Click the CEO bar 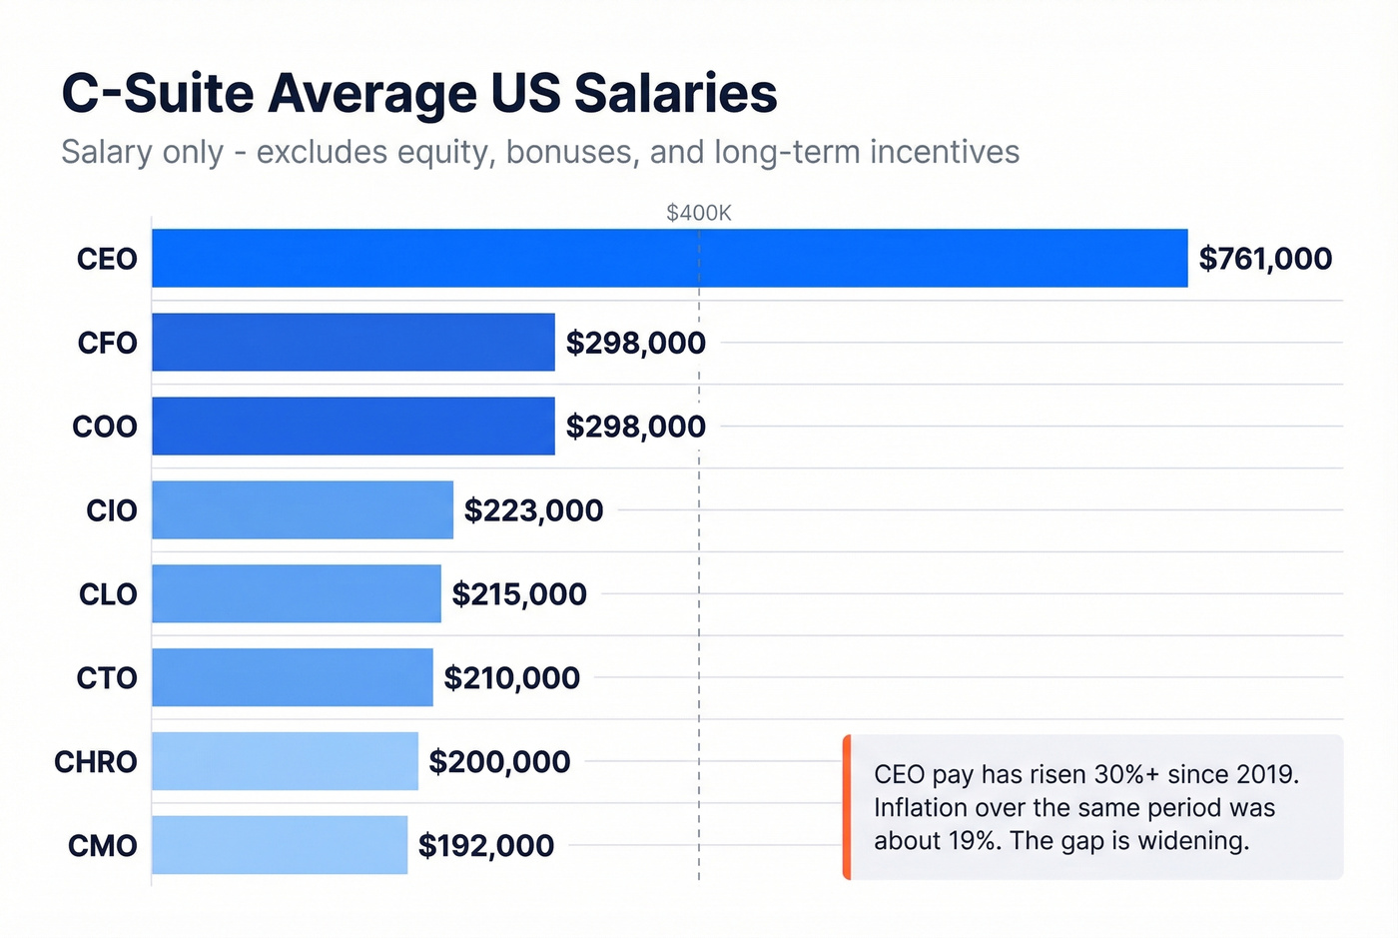[x=669, y=259]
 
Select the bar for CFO [x=352, y=343]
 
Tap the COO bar [x=352, y=427]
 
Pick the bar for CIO [x=302, y=510]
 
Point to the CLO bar [x=296, y=594]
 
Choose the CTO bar [x=292, y=678]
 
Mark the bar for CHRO [x=285, y=762]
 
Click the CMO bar [x=280, y=846]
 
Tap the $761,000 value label [x=1265, y=259]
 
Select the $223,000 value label [x=533, y=510]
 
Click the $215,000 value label [x=519, y=594]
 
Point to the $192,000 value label [x=486, y=846]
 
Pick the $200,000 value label [x=499, y=762]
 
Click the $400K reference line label [x=699, y=213]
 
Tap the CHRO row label [x=96, y=762]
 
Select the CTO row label [x=107, y=678]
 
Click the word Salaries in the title [x=675, y=94]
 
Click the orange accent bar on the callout [x=847, y=807]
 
